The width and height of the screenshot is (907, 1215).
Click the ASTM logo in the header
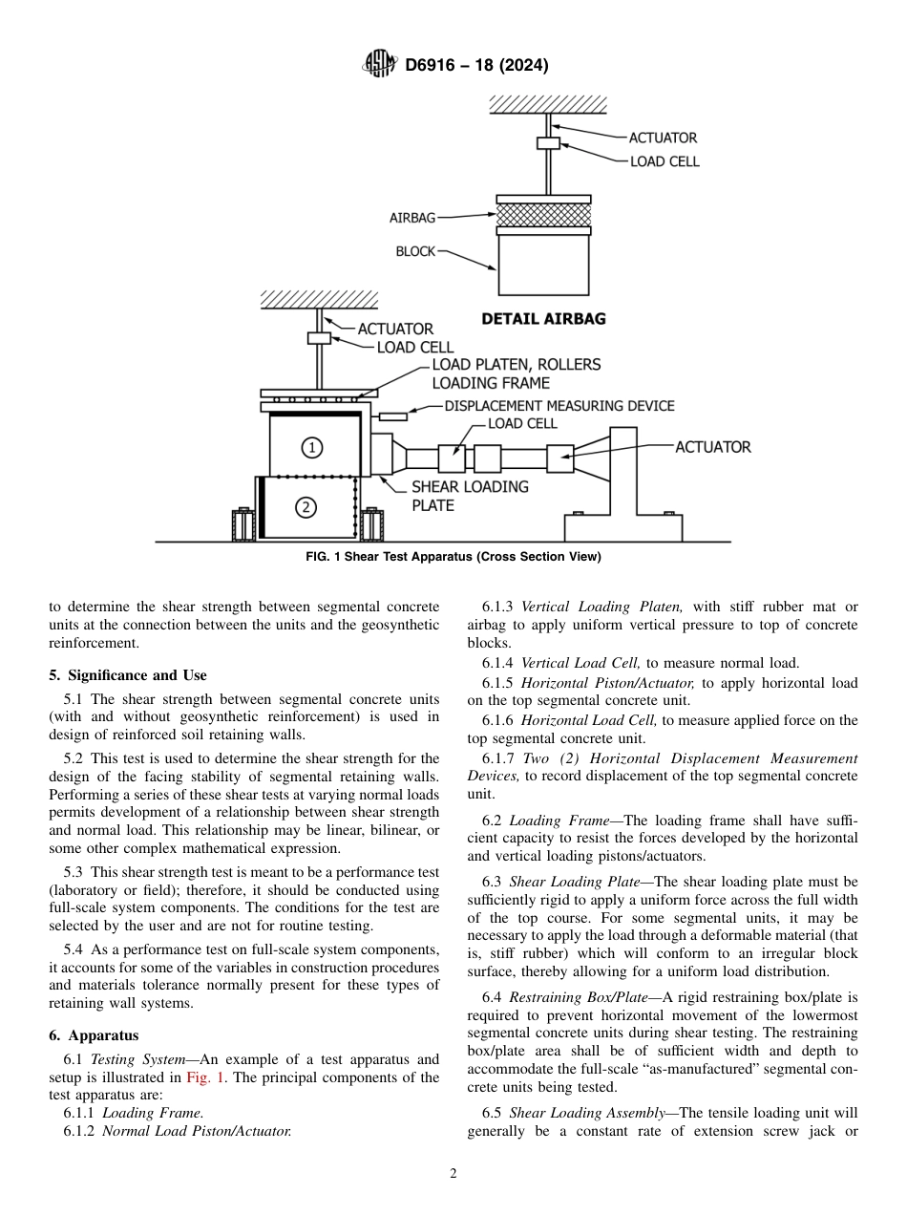pyautogui.click(x=380, y=65)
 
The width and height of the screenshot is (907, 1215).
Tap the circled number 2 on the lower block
pyautogui.click(x=306, y=507)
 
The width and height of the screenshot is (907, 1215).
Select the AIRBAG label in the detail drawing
pyautogui.click(x=412, y=218)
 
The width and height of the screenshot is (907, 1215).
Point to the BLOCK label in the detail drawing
pyautogui.click(x=415, y=252)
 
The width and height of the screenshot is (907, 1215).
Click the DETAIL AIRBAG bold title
pyautogui.click(x=543, y=319)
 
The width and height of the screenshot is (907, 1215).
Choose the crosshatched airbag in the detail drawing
pyautogui.click(x=543, y=215)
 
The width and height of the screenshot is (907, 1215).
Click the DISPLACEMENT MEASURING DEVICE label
pyautogui.click(x=559, y=406)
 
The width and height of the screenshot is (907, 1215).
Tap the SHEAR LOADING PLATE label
pyautogui.click(x=470, y=496)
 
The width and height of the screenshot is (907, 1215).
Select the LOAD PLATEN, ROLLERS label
pyautogui.click(x=517, y=364)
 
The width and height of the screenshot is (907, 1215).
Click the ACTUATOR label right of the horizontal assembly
pyautogui.click(x=713, y=446)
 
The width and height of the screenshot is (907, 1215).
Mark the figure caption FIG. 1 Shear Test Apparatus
pyautogui.click(x=453, y=557)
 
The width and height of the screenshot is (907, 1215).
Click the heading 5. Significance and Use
pyautogui.click(x=128, y=675)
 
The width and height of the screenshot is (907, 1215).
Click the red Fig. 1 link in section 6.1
pyautogui.click(x=201, y=1077)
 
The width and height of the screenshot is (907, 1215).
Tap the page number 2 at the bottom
pyautogui.click(x=453, y=1174)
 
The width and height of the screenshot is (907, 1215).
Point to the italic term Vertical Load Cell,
pyautogui.click(x=581, y=663)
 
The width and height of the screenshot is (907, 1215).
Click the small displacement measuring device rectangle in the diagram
pyautogui.click(x=393, y=416)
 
